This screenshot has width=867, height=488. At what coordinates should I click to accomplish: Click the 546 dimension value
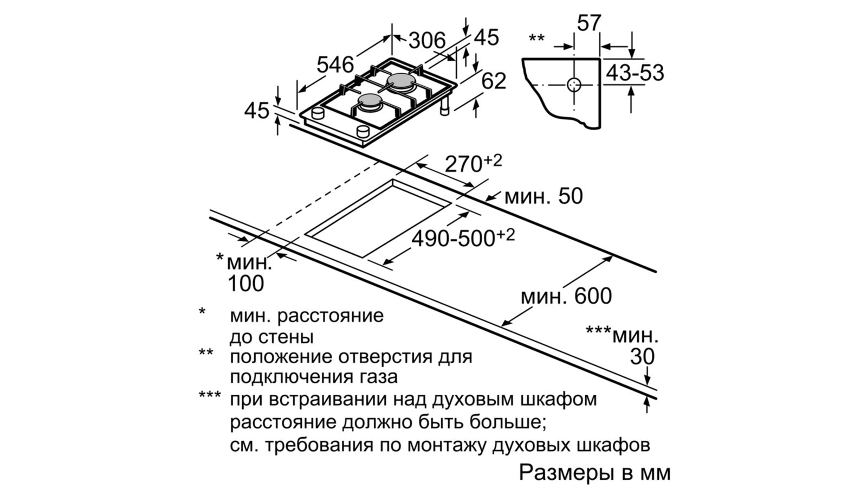click(x=335, y=65)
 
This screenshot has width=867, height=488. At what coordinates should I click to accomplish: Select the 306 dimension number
click(x=426, y=40)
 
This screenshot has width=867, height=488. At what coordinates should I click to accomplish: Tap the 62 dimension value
click(x=494, y=81)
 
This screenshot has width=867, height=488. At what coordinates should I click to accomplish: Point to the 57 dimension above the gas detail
click(x=589, y=23)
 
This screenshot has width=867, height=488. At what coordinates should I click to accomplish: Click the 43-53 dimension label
click(x=635, y=73)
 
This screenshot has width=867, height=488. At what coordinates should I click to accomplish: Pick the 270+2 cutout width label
click(x=473, y=163)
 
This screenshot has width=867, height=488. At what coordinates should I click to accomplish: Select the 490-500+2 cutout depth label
click(x=463, y=237)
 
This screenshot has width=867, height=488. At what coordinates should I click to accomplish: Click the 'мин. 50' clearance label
click(x=543, y=196)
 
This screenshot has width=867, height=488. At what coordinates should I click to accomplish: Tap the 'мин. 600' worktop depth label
click(x=566, y=296)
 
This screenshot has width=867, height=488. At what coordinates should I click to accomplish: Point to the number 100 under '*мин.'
click(x=246, y=283)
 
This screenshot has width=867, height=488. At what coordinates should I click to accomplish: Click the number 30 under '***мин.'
click(x=643, y=357)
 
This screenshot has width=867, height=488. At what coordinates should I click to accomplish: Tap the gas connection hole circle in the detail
click(x=574, y=85)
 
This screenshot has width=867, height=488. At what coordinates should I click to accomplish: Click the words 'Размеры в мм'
click(x=594, y=472)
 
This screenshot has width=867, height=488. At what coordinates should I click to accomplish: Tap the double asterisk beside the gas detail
click(x=536, y=39)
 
